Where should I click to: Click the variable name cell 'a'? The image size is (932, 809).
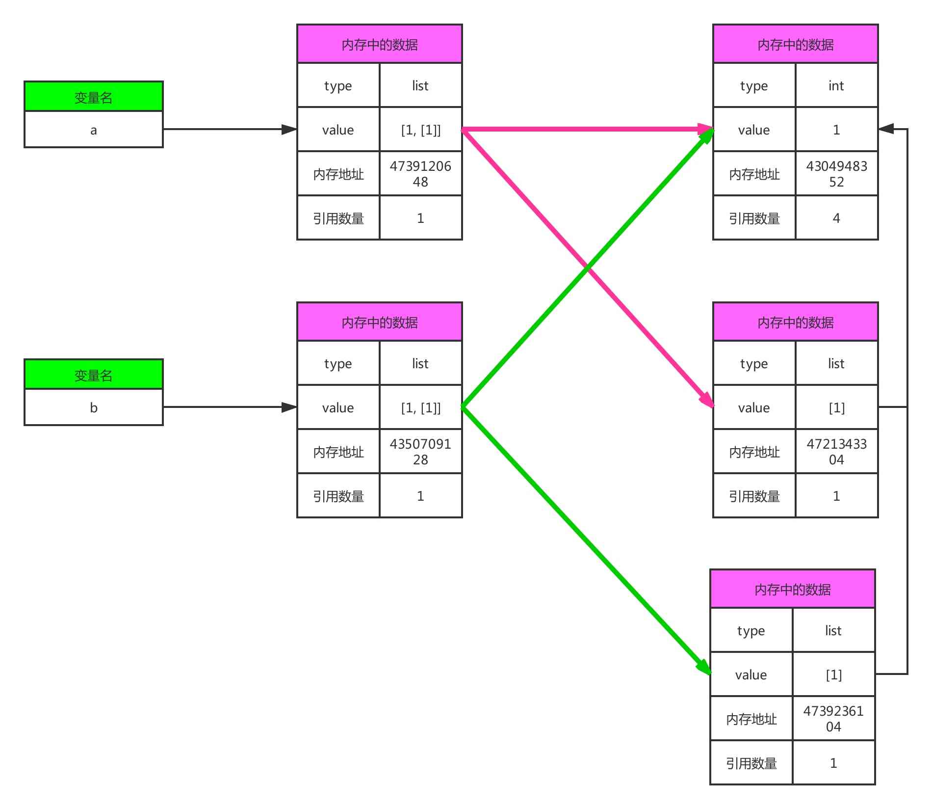click(x=93, y=130)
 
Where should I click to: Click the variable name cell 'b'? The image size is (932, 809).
click(x=93, y=407)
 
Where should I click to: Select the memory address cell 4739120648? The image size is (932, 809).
click(x=420, y=174)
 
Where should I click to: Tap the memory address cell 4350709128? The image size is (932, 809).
click(x=420, y=452)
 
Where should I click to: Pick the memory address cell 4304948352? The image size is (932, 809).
click(x=836, y=174)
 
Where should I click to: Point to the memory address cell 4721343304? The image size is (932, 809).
click(x=836, y=452)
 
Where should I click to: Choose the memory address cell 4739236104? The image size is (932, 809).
click(x=833, y=719)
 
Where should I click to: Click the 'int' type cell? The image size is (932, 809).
click(x=836, y=86)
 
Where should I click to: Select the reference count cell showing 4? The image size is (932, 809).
click(x=836, y=218)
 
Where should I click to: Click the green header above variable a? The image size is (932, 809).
click(x=93, y=97)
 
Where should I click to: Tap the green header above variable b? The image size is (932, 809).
click(x=93, y=375)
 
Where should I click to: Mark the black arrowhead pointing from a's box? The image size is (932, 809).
click(x=289, y=130)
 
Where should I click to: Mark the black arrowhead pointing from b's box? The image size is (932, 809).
click(x=289, y=407)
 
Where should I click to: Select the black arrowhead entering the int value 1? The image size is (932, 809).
click(x=886, y=130)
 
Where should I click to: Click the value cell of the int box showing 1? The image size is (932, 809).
click(x=836, y=130)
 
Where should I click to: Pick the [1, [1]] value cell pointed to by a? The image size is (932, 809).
click(x=420, y=130)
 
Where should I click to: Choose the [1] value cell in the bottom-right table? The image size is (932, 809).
click(x=833, y=674)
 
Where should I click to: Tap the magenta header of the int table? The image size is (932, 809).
click(x=795, y=45)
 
